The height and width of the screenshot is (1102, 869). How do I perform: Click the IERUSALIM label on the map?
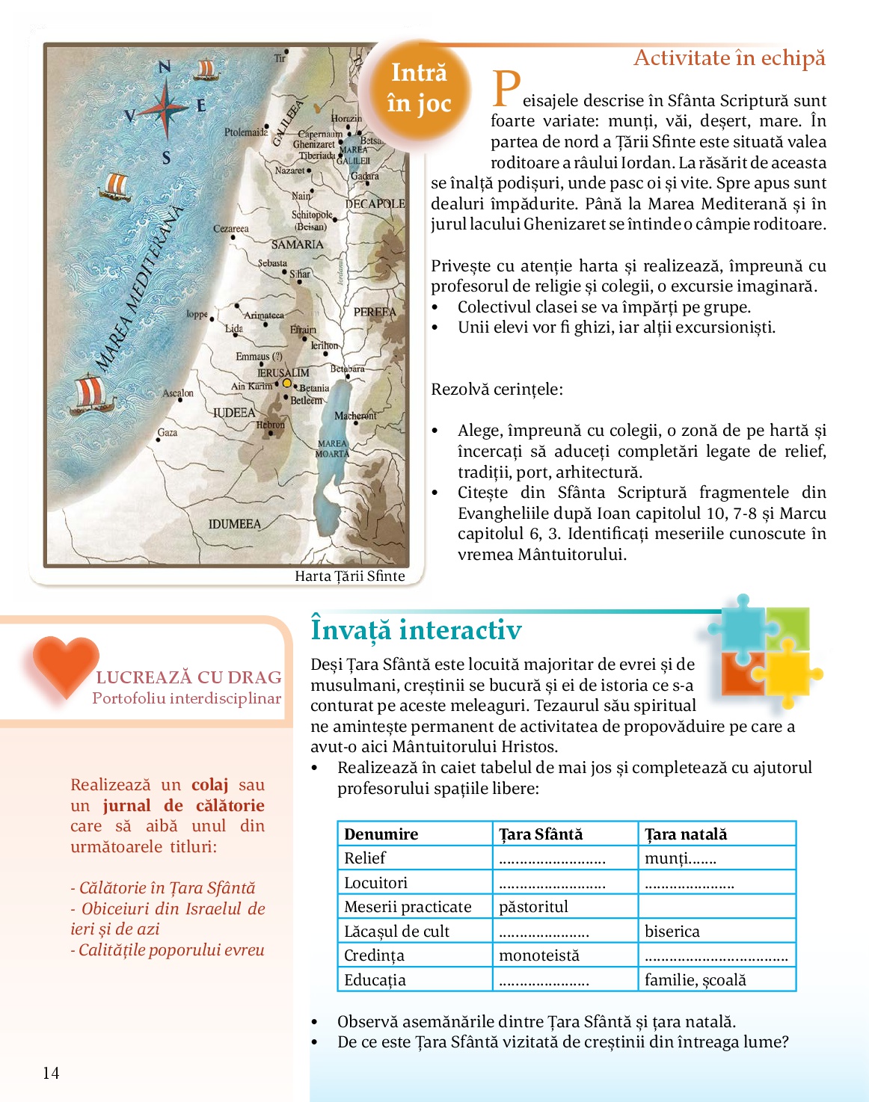coord(283,372)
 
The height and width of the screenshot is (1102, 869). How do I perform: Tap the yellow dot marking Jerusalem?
coord(286,383)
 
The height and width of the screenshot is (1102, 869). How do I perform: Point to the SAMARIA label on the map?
coord(297,244)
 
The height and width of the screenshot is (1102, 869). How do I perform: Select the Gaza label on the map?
coord(168,432)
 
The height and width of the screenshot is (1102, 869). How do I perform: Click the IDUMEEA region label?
coord(235,524)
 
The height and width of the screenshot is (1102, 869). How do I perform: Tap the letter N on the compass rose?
coord(165,67)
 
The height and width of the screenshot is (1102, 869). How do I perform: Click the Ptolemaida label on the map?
coord(245,132)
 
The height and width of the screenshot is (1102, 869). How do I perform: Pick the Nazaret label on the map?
coord(289,170)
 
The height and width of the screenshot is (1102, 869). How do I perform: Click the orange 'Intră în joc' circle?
coord(419,89)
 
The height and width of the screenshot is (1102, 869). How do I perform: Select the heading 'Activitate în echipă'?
coord(729,58)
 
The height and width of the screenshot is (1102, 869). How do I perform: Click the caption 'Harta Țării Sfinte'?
coord(349,576)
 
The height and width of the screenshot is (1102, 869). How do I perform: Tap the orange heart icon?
coord(66,664)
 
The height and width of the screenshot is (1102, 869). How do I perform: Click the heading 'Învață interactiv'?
coord(416,630)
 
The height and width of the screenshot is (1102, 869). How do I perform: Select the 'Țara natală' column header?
coord(686,834)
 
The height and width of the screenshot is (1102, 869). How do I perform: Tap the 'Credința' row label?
coord(374,955)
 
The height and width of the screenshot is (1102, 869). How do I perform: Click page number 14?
coord(51,1073)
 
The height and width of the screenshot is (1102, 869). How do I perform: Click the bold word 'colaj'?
coord(209,785)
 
